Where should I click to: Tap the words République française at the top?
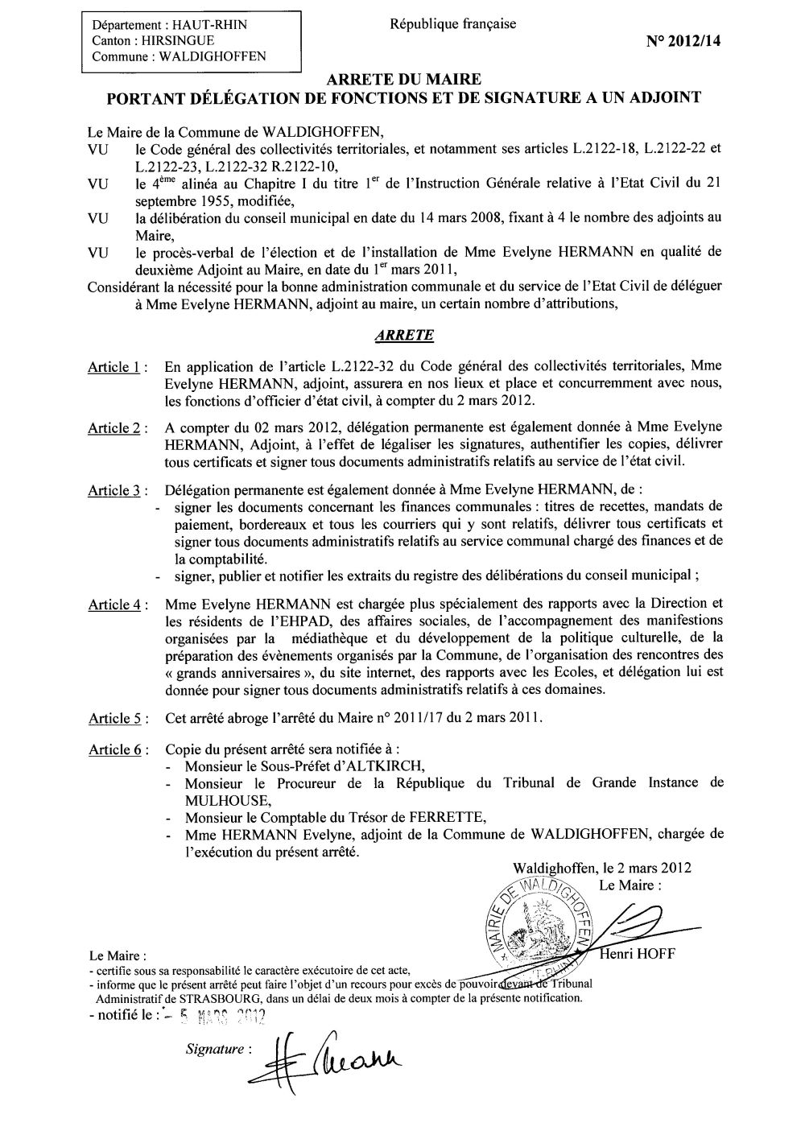click(453, 24)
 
